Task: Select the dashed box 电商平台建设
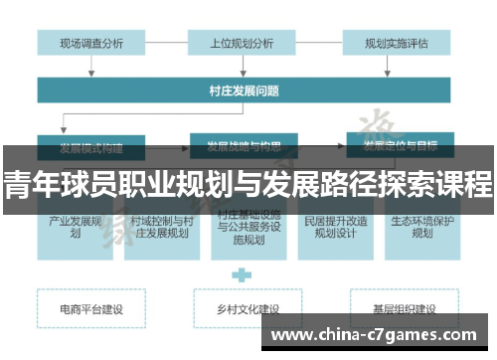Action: click(x=91, y=309)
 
